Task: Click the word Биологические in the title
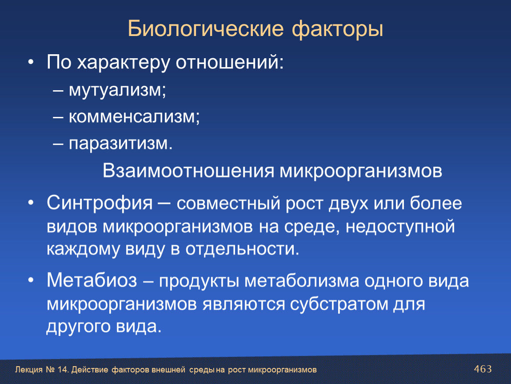(206, 29)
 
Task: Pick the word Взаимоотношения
(188, 171)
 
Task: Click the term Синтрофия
(100, 203)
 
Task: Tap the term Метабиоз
(92, 280)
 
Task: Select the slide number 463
(483, 369)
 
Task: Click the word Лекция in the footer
(29, 370)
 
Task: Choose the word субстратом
(339, 304)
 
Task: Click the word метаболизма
(302, 281)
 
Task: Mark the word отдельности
(242, 249)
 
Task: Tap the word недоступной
(400, 227)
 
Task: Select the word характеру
(124, 62)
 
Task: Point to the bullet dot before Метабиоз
(31, 280)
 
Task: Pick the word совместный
(228, 204)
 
